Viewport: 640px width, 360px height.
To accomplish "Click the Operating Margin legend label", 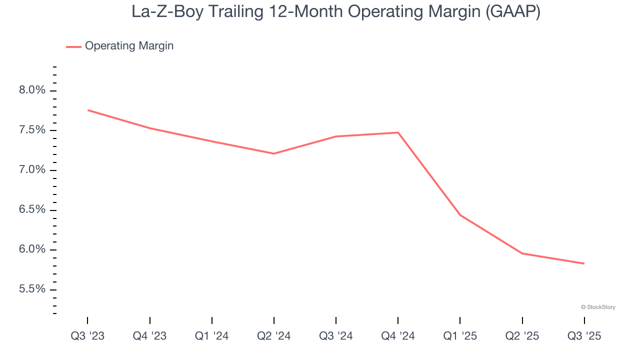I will tap(129, 46).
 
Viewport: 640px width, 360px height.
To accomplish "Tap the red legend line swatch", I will tap(73, 46).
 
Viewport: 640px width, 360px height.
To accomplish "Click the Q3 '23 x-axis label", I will tap(87, 336).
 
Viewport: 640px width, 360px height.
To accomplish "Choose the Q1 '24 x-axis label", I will tap(212, 336).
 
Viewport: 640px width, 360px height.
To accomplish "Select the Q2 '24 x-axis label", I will tap(274, 336).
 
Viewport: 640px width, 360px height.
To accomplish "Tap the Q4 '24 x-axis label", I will tap(398, 336).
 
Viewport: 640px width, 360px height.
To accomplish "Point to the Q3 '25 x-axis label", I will tap(584, 336).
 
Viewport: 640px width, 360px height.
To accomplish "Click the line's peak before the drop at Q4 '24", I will tap(398, 132).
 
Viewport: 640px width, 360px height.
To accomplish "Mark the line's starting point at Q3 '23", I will tap(88, 110).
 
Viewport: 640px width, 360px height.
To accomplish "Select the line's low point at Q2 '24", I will tap(274, 153).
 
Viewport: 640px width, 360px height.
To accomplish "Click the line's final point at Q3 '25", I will tap(584, 263).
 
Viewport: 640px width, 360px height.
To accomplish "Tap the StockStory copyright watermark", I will tap(598, 307).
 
